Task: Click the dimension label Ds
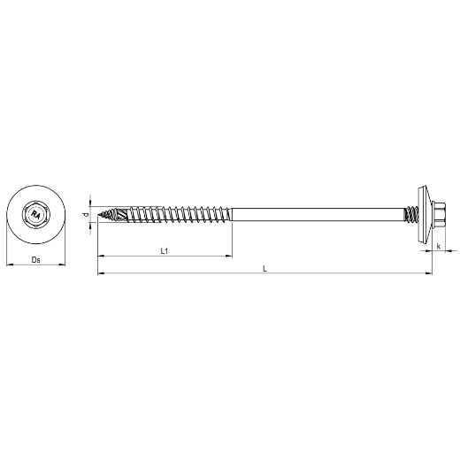coord(35,260)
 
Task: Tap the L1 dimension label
coord(165,251)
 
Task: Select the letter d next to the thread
coord(85,214)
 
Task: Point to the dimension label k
coord(439,246)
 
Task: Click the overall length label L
coord(264,268)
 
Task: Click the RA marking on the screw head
coord(36,214)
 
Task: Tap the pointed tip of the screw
coord(98,214)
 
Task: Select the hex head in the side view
coord(439,214)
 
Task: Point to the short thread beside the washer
coord(411,214)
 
